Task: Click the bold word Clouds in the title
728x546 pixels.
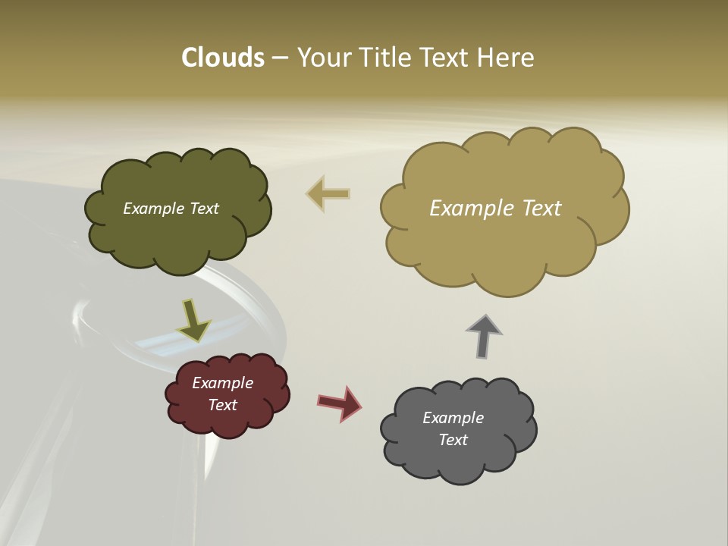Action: pyautogui.click(x=223, y=58)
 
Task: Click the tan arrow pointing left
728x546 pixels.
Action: pyautogui.click(x=328, y=193)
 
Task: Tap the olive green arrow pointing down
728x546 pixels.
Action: pyautogui.click(x=193, y=320)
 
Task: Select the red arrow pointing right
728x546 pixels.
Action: pyautogui.click(x=340, y=403)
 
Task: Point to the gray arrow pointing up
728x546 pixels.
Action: pyautogui.click(x=485, y=335)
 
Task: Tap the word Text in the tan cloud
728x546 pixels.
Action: pyautogui.click(x=542, y=208)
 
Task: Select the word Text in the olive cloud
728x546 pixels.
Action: pyautogui.click(x=204, y=209)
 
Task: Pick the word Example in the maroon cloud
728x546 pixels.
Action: pyautogui.click(x=223, y=383)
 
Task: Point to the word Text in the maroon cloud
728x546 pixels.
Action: pyautogui.click(x=223, y=405)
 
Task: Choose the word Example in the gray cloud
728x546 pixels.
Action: pyautogui.click(x=453, y=418)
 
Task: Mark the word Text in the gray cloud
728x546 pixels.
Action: pyautogui.click(x=453, y=440)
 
